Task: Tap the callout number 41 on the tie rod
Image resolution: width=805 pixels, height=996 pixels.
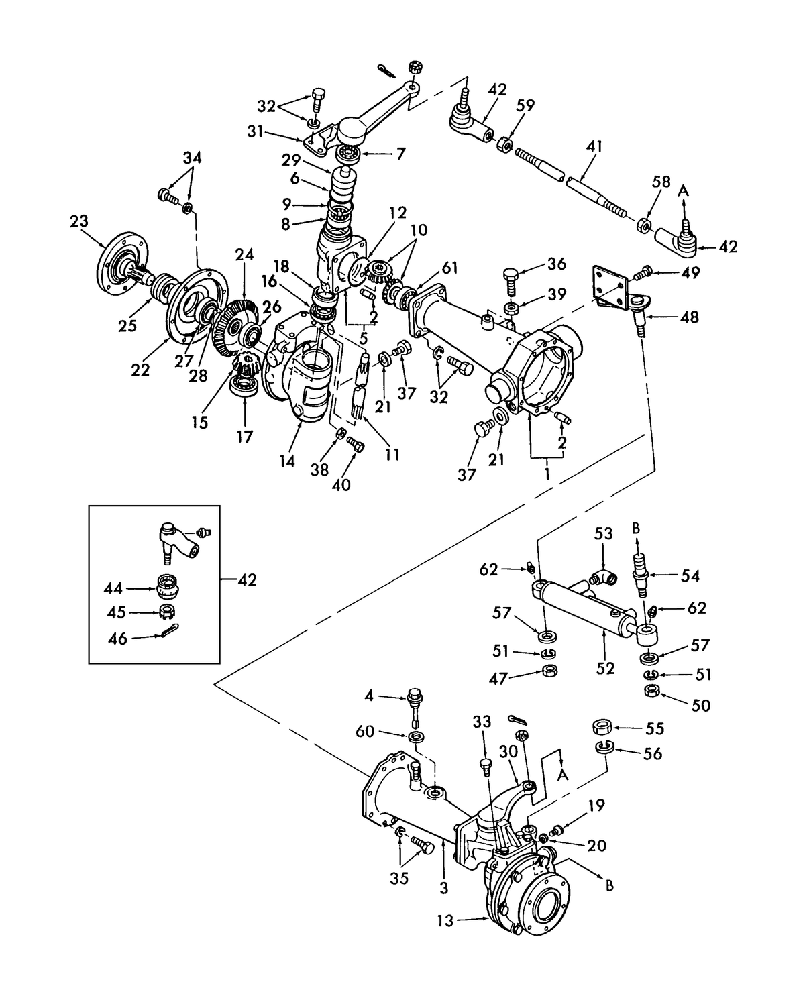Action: pos(594,146)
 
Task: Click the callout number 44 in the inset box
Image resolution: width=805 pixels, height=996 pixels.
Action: pos(113,588)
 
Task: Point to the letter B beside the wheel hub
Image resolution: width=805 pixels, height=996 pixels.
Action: pos(609,886)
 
